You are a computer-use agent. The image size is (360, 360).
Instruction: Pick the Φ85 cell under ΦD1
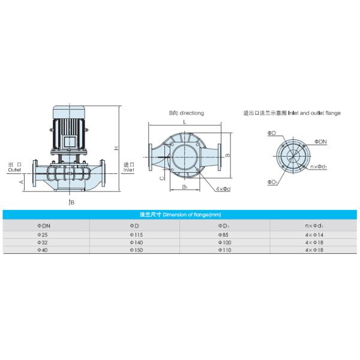point(224,234)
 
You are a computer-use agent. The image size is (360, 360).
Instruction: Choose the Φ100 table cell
point(224,242)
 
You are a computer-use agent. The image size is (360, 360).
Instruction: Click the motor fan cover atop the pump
point(70,112)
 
